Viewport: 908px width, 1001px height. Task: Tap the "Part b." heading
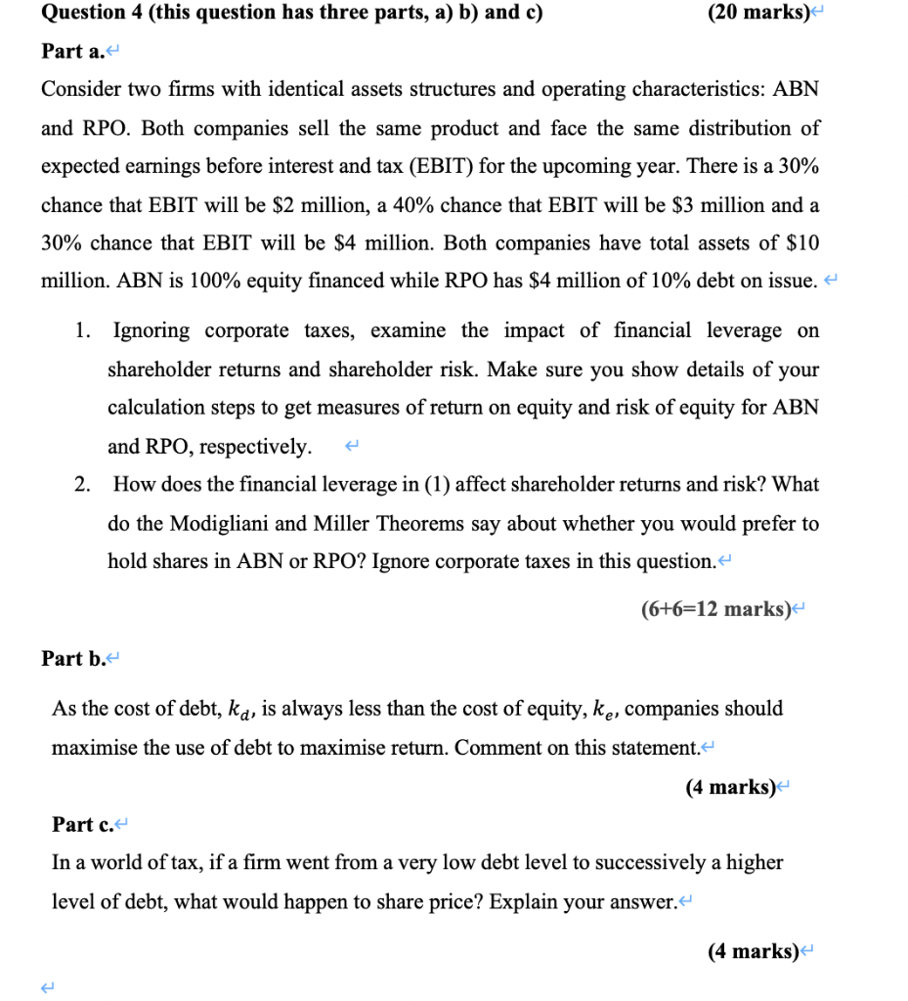[x=73, y=658]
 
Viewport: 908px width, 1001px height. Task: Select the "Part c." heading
[x=83, y=824]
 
